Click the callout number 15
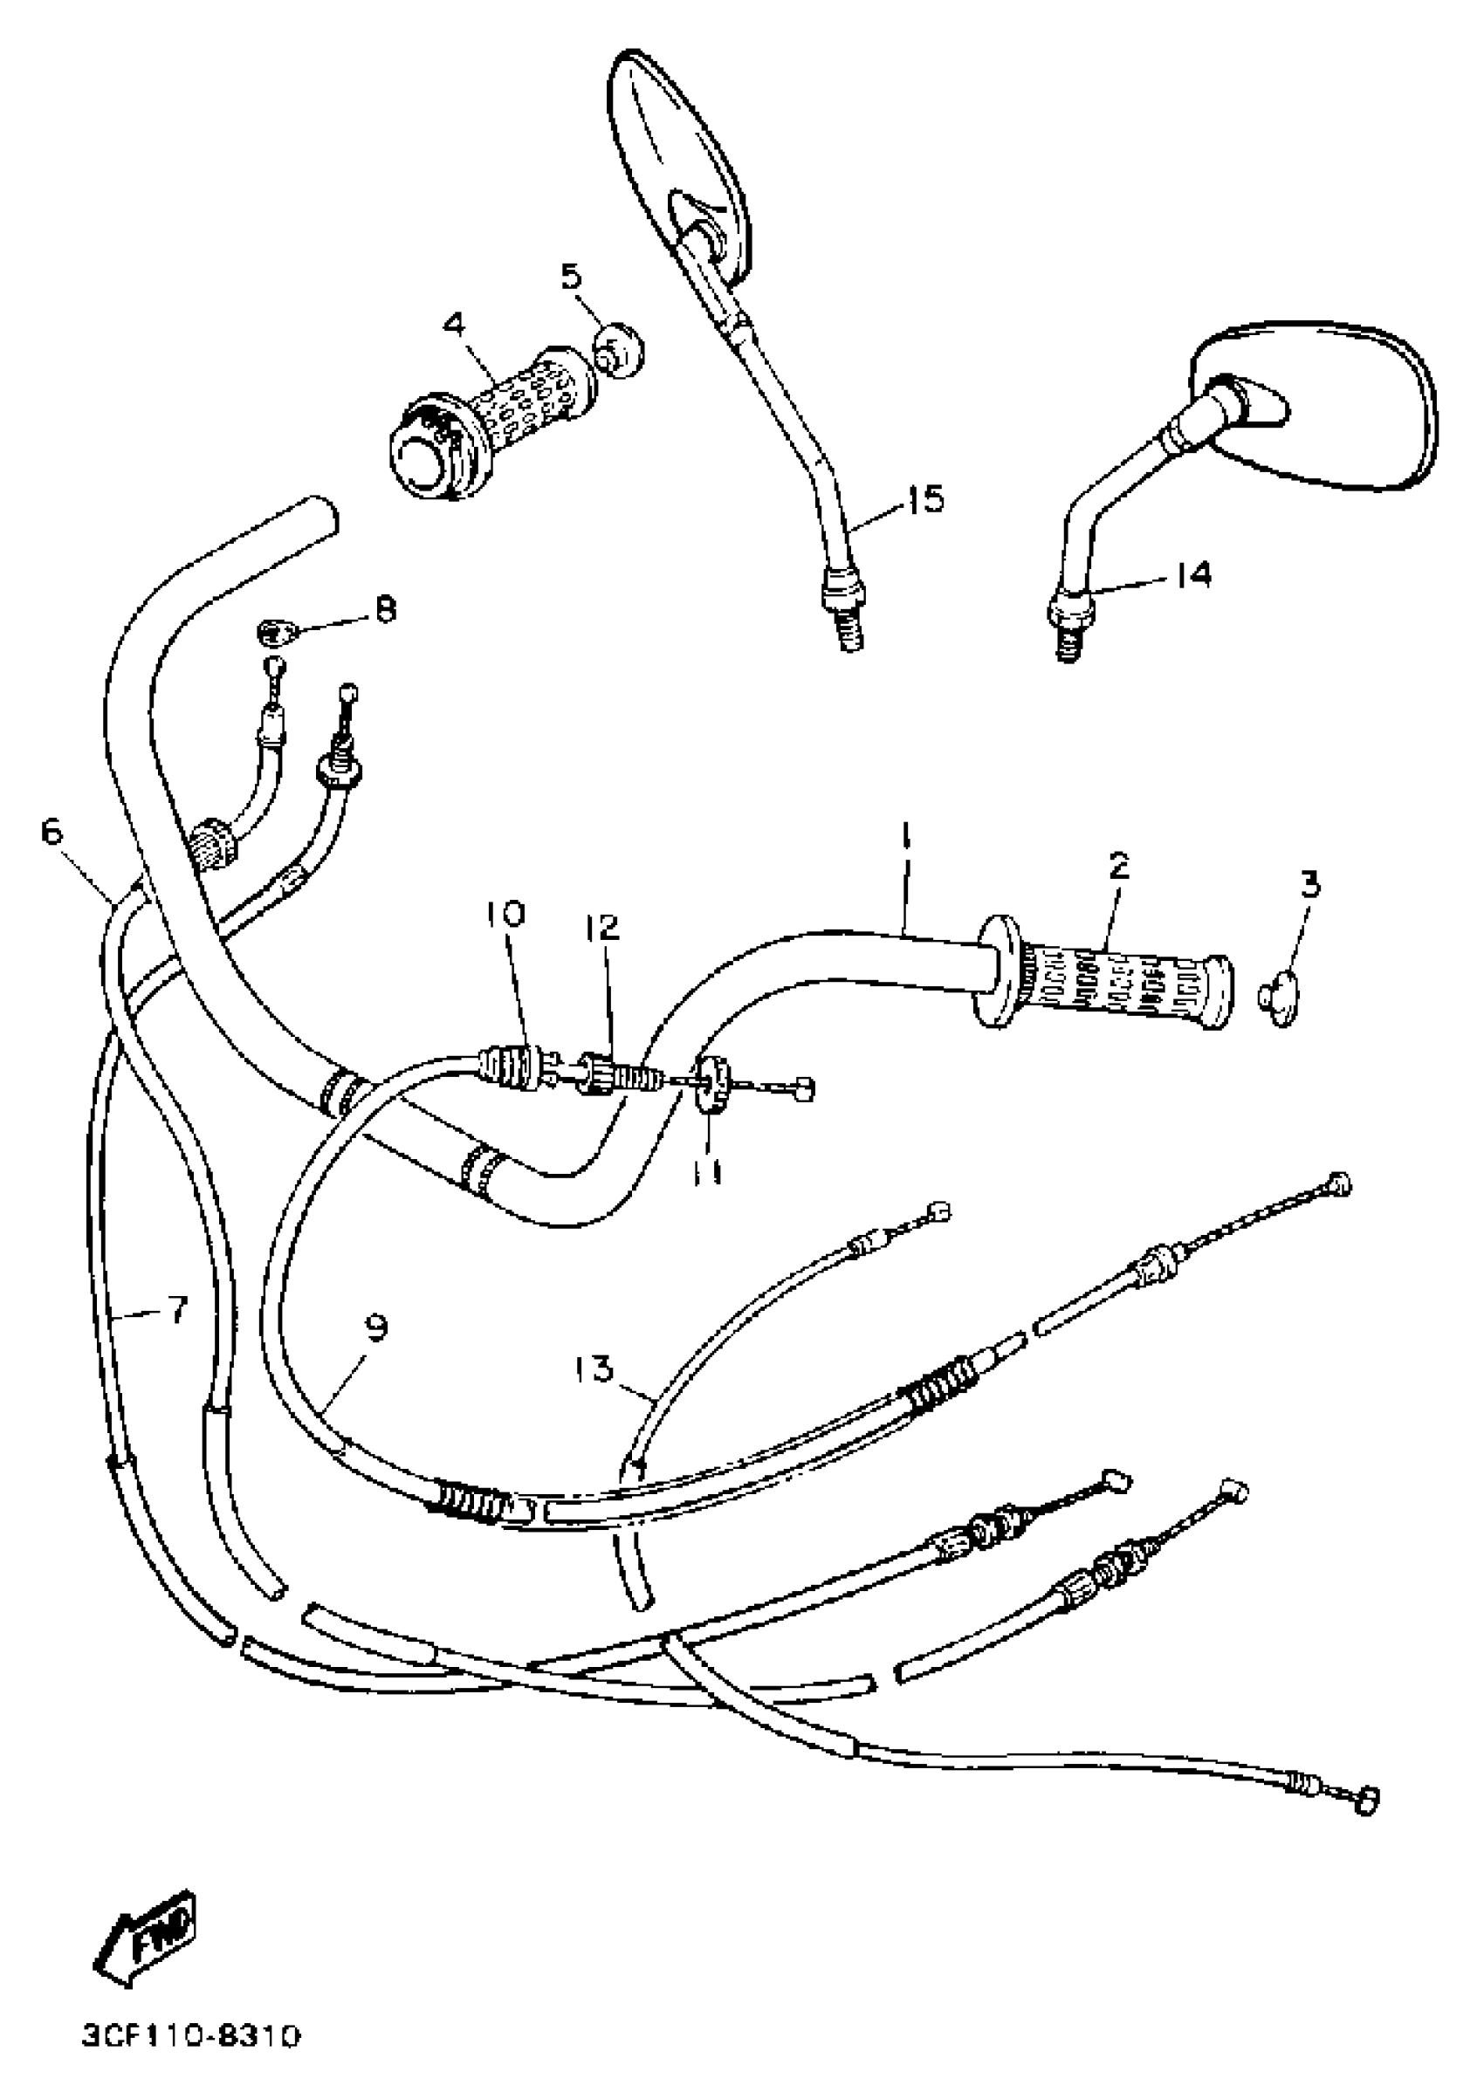[925, 500]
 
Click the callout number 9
[375, 1328]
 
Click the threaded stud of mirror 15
[848, 633]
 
